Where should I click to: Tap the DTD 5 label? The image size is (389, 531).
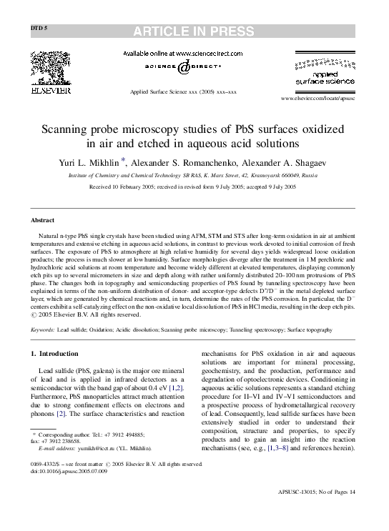pyautogui.click(x=39, y=28)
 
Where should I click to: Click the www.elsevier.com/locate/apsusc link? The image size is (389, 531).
pyautogui.click(x=317, y=98)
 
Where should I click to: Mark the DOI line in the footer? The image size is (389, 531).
pyautogui.click(x=69, y=472)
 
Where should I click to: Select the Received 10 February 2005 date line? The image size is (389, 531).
pyautogui.click(x=193, y=187)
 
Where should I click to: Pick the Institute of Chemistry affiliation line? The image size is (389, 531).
pyautogui.click(x=193, y=174)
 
